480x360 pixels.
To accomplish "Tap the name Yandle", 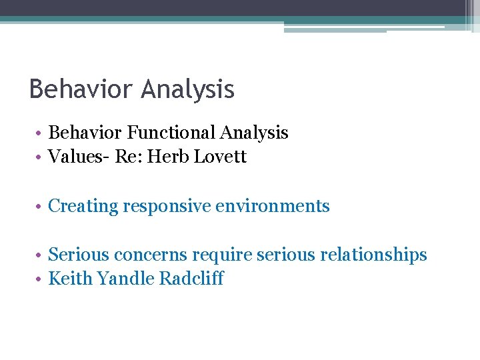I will pos(126,279).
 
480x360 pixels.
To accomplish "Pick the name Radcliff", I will pos(191,279).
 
